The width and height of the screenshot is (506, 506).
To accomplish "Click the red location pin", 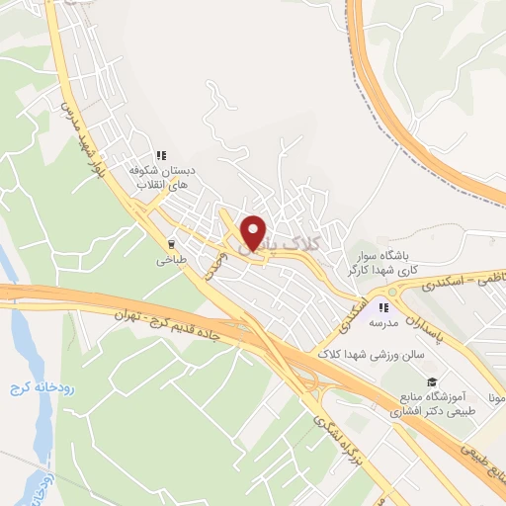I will pos(254,231).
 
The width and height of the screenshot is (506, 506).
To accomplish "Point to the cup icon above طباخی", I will pos(171,244).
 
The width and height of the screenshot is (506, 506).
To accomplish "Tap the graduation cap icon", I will pos(431,381).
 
